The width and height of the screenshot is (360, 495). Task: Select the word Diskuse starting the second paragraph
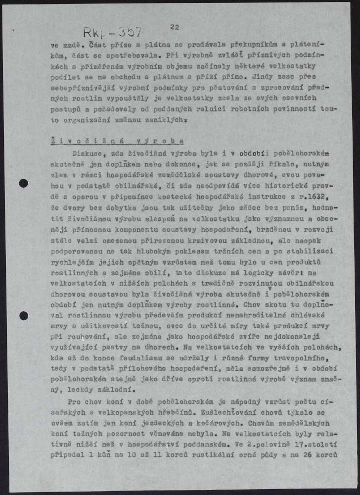87,154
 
